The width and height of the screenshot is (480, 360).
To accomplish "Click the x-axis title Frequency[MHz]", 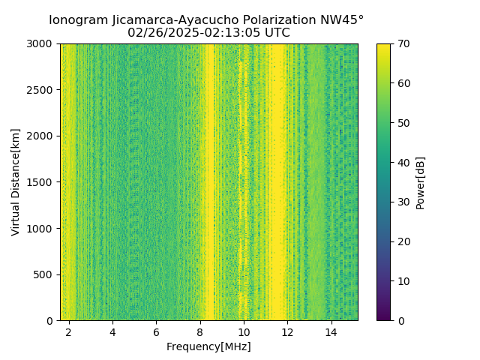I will point(208,346).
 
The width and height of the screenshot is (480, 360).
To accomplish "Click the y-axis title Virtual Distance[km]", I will point(16,182).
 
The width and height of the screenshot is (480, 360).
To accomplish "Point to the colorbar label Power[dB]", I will point(421,182).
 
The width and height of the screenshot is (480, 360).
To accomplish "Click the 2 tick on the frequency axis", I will point(69,331).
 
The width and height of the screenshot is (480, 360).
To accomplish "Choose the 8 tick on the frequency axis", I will point(200,331).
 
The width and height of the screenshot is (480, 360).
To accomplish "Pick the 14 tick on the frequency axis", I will point(331,331).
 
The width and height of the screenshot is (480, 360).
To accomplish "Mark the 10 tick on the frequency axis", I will point(244,331).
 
